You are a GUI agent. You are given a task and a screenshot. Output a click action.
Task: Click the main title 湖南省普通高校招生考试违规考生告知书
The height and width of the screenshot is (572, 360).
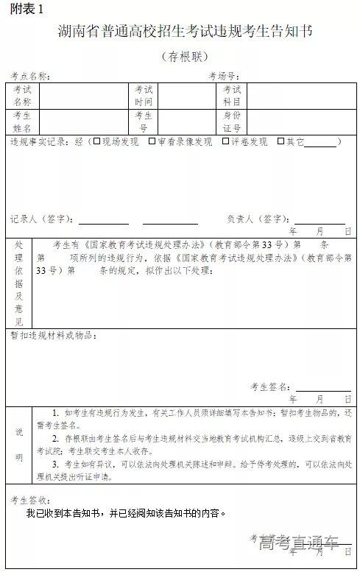[186, 32]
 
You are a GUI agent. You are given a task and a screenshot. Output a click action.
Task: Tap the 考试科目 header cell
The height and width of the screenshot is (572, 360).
[232, 96]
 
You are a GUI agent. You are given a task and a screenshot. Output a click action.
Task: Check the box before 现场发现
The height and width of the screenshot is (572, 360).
[96, 141]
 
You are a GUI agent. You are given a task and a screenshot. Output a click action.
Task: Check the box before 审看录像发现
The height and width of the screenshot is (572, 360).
[152, 141]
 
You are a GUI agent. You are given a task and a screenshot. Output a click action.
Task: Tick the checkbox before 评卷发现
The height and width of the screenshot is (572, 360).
[225, 141]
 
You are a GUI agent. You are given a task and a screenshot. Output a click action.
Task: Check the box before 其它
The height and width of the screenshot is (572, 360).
[280, 141]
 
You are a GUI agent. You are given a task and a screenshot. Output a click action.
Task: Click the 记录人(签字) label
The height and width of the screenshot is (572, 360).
[41, 219]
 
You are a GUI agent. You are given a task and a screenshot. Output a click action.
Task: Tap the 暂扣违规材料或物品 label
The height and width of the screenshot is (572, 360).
[53, 335]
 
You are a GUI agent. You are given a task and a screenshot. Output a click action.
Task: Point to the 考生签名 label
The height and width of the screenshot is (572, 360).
[269, 386]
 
